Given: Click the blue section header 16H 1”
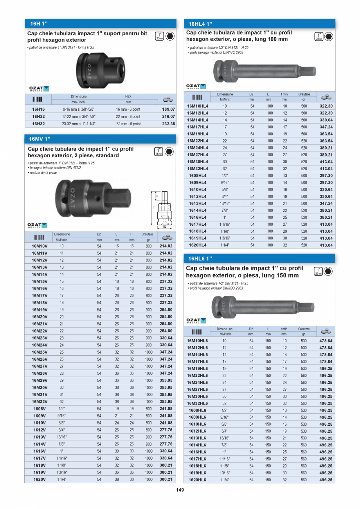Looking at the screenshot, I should (x=39, y=23).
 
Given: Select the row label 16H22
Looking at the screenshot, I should (x=38, y=117).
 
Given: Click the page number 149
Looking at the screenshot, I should (x=180, y=491).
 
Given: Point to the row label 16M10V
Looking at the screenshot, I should (x=40, y=246).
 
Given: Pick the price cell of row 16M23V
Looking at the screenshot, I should (x=166, y=338).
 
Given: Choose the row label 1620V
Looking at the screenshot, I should (x=40, y=479).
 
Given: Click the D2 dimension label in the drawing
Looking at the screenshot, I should (x=164, y=227).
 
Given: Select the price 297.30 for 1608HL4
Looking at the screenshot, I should (x=326, y=176).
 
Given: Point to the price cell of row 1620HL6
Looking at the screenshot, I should (x=326, y=480).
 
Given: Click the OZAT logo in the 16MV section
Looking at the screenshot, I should (x=38, y=225).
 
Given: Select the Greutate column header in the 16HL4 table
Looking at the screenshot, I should (x=304, y=94).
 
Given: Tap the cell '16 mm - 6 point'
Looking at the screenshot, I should (x=128, y=110).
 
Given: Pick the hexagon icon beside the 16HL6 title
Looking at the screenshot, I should (x=328, y=271).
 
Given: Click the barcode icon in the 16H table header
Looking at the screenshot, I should (x=38, y=99).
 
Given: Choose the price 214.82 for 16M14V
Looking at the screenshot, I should (x=166, y=274).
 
